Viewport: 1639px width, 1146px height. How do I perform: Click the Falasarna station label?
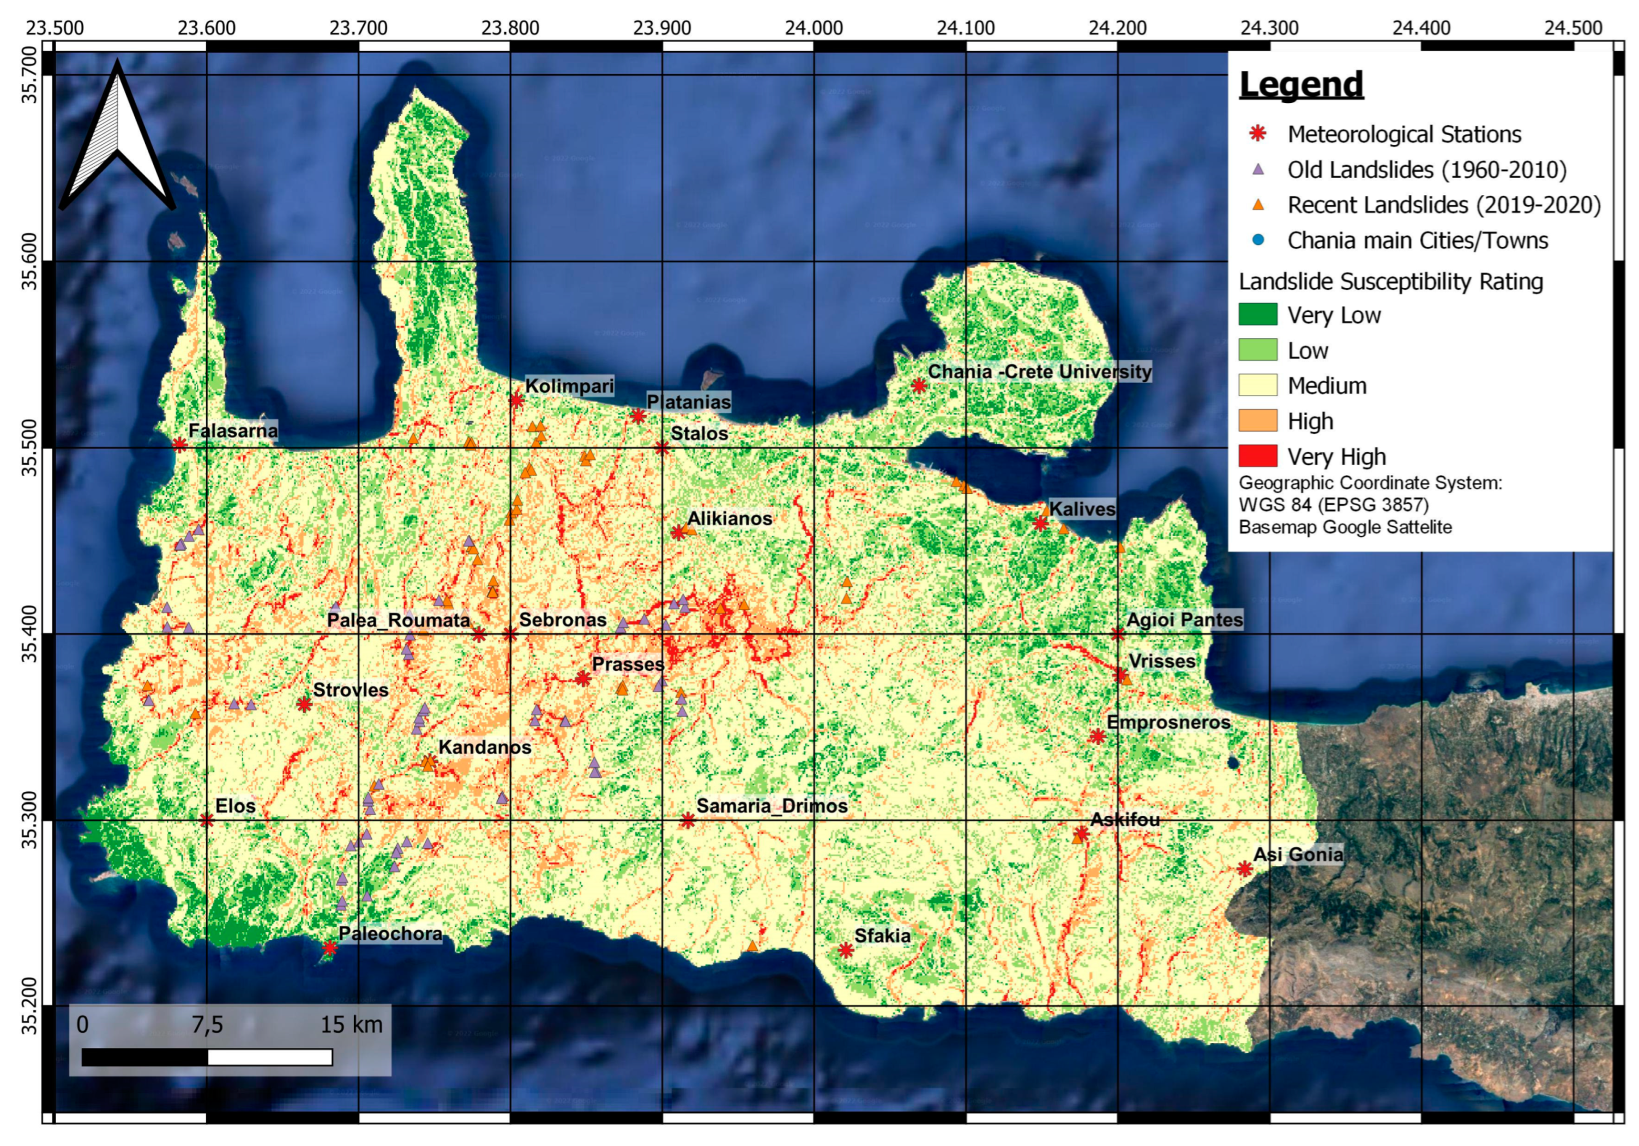(233, 431)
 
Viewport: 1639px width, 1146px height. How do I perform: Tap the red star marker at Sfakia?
(846, 950)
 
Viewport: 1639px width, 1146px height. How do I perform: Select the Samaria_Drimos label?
(772, 807)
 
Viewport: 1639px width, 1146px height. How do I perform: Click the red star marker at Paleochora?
(330, 948)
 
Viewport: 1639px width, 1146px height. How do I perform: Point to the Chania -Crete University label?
(1039, 372)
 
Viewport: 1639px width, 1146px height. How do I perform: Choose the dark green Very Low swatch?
(1258, 314)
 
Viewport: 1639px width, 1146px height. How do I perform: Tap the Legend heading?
(1301, 84)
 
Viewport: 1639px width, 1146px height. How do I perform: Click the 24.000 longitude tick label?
(814, 28)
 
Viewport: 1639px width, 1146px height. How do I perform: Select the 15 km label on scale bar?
(351, 1024)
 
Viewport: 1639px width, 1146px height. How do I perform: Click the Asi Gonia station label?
(1298, 854)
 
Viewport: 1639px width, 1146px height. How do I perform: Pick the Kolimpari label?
(569, 386)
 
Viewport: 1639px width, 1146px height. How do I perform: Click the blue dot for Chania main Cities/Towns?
(1258, 240)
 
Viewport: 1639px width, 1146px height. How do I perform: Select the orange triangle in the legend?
(1258, 205)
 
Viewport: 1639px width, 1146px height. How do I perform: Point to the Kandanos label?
(485, 747)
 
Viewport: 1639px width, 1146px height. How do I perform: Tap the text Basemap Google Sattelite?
(1345, 527)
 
